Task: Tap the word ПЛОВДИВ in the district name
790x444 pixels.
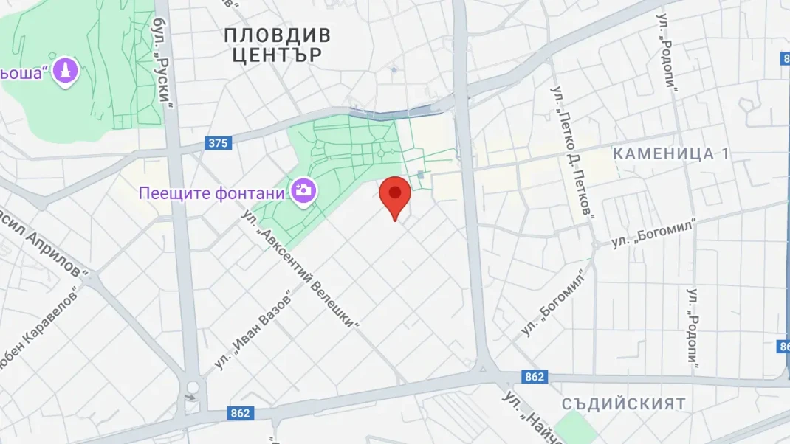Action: tap(277, 35)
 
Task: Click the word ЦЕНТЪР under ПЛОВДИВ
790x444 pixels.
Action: tap(277, 55)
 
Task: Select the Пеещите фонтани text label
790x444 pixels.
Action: tap(212, 193)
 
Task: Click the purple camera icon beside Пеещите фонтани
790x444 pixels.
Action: tap(303, 190)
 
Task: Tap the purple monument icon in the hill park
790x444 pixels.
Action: tap(67, 72)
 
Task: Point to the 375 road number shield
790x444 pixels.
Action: tap(218, 143)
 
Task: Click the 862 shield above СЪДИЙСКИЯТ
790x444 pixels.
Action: tap(535, 377)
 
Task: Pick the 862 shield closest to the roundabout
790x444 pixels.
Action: tap(240, 413)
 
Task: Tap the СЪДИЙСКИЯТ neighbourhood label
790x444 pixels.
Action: tap(623, 404)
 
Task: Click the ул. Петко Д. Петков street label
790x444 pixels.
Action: tap(573, 150)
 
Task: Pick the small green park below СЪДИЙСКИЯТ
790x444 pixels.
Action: tap(576, 429)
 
